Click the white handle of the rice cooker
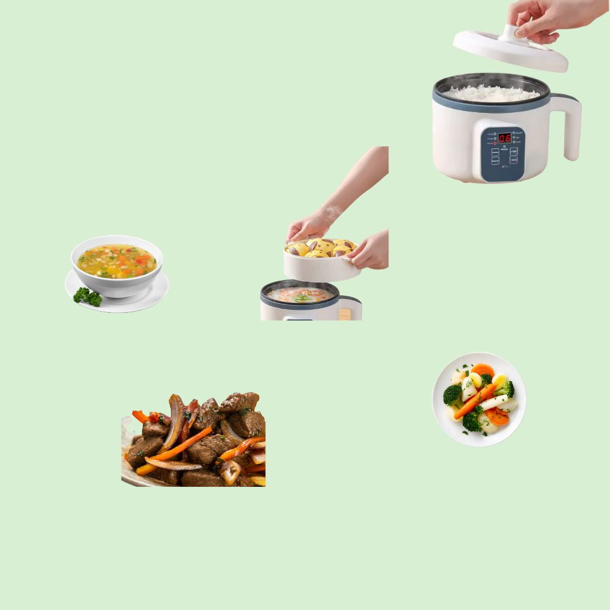[x=569, y=125]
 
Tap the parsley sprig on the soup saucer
[x=88, y=296]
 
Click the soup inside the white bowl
[x=117, y=260]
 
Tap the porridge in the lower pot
[x=300, y=295]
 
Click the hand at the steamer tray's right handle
[x=370, y=250]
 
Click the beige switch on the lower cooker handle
[x=345, y=314]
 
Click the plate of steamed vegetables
[x=479, y=400]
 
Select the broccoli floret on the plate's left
[x=453, y=394]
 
